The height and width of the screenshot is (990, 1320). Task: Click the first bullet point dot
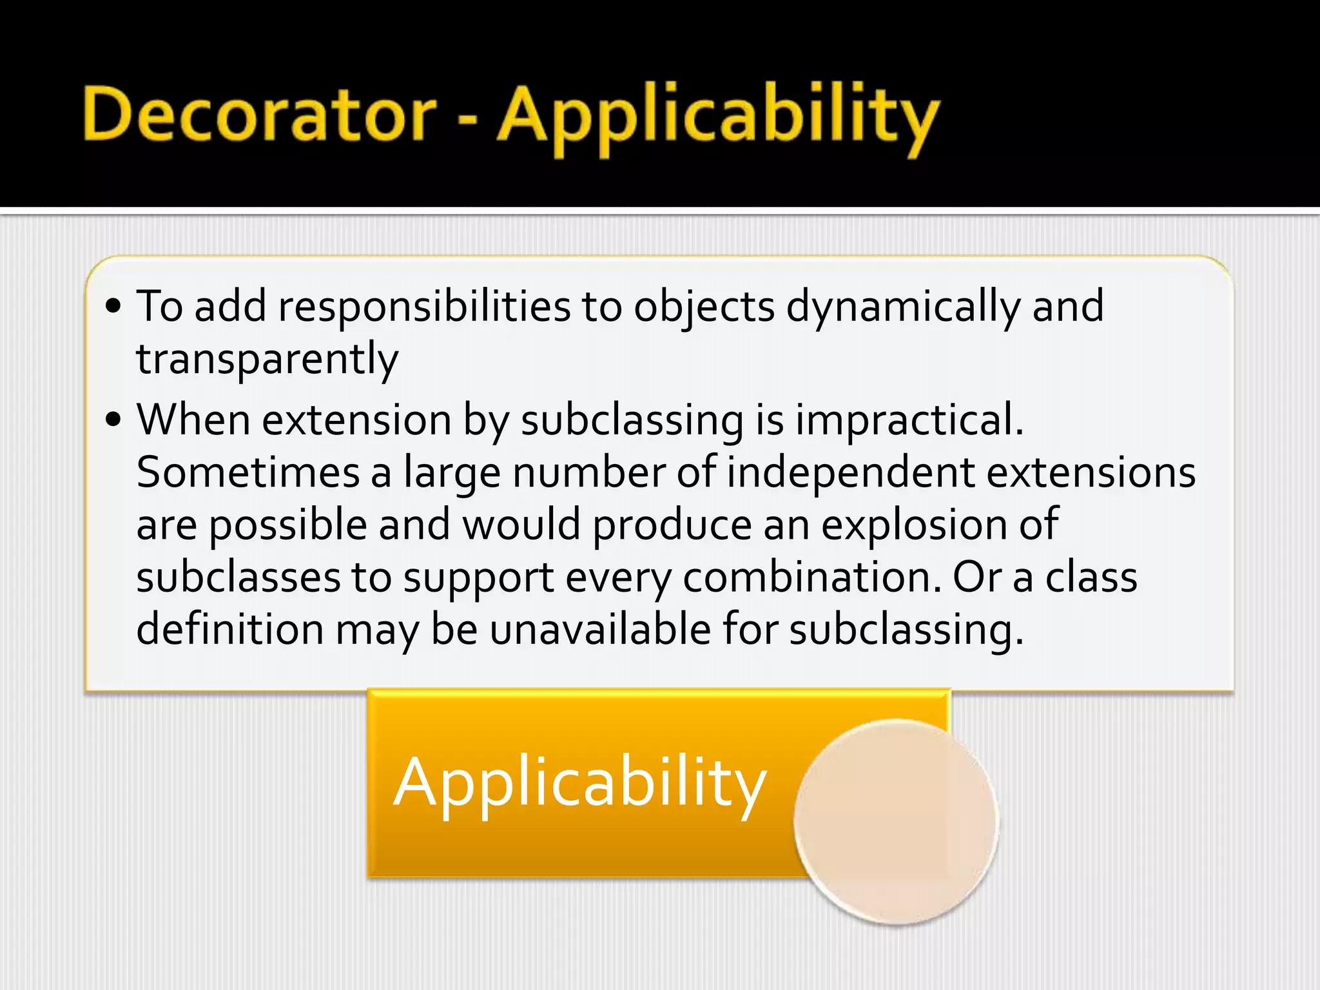point(113,307)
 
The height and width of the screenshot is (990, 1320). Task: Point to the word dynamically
point(903,307)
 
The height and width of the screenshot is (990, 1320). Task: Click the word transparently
point(267,359)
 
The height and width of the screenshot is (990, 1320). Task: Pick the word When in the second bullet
point(193,420)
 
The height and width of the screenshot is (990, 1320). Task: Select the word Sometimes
point(248,472)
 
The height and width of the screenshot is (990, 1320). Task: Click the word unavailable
point(600,629)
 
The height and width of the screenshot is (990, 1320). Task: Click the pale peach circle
point(896,821)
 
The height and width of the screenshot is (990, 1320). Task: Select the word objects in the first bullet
point(704,307)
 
